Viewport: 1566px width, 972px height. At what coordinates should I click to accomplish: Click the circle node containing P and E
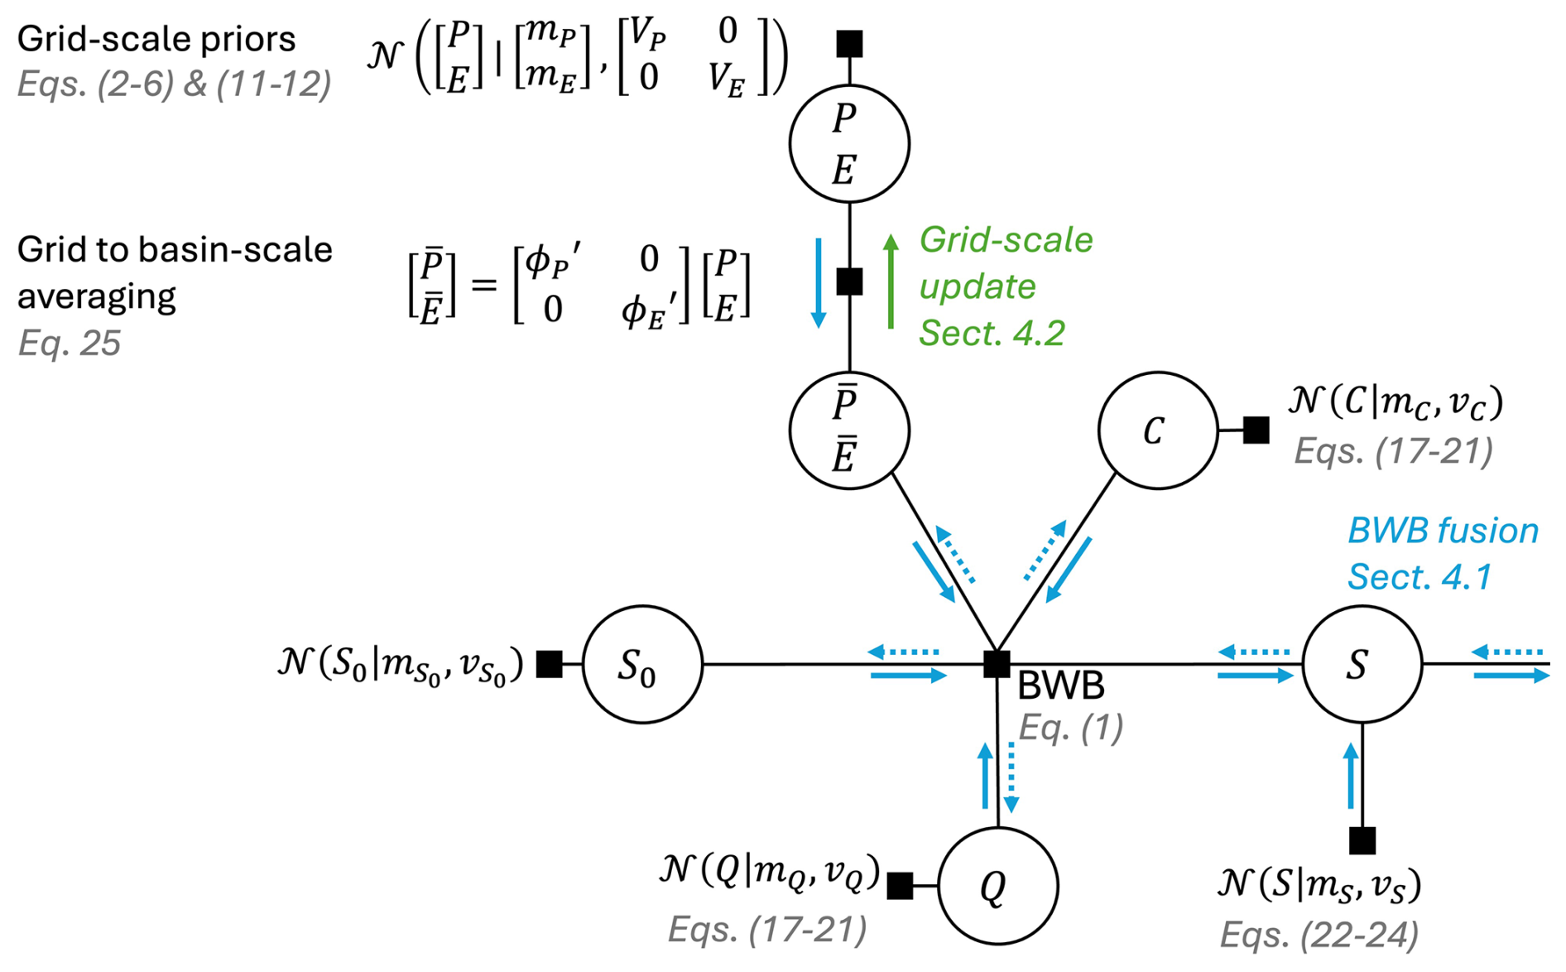849,144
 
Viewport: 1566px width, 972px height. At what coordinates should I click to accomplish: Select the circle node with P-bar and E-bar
849,431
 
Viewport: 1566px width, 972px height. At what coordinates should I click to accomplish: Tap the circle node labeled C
1157,431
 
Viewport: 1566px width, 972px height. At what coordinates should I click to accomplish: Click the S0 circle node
642,664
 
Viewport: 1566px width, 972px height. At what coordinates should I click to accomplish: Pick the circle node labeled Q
997,886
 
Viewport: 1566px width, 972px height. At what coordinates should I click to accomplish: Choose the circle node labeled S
1362,664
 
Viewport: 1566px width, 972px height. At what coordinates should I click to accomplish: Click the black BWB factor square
997,664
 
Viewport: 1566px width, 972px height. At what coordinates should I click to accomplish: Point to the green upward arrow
891,281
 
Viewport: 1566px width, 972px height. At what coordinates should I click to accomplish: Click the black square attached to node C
1256,430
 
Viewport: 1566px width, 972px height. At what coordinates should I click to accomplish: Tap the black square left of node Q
900,886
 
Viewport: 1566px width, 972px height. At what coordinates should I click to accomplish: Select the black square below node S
1362,840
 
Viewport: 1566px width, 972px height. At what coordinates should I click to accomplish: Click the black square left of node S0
549,664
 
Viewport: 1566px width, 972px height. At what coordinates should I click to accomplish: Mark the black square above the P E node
849,44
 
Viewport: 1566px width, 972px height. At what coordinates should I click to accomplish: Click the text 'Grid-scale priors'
156,39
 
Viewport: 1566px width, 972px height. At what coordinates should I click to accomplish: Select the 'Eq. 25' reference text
70,343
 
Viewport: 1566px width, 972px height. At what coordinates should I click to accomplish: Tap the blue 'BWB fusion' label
1443,531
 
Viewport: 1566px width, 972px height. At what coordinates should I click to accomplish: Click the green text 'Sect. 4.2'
992,333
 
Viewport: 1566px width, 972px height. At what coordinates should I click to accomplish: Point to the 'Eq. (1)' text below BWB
1070,728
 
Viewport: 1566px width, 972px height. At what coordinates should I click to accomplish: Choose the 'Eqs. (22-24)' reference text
1319,935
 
